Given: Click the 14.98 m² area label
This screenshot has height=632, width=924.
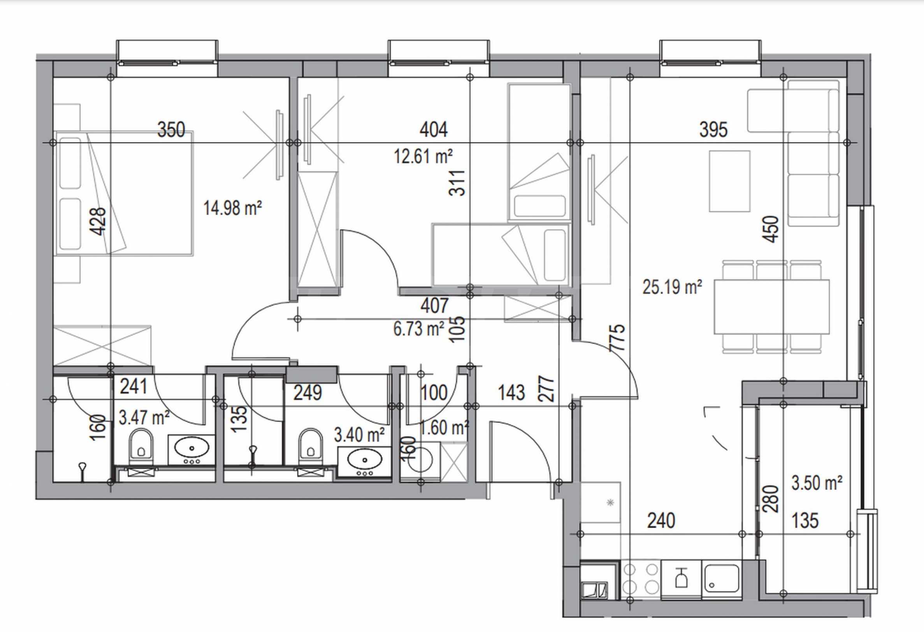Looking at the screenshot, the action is point(233,208).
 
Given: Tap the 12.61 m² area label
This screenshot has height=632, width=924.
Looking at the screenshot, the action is point(423,156).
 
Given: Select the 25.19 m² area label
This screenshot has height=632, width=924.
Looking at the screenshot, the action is point(672,287).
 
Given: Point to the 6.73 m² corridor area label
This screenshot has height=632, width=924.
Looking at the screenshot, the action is point(418,329).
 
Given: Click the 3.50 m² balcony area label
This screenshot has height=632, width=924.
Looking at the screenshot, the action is point(817,483).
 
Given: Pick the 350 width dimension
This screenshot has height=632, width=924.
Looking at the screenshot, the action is point(171,130).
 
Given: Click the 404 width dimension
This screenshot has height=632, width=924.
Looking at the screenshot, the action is point(434,130).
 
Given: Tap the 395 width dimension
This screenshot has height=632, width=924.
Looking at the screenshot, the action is point(713,130).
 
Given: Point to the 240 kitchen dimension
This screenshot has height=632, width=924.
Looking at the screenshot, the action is point(661,521).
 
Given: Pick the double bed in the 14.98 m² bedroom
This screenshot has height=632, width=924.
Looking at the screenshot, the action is point(125,193).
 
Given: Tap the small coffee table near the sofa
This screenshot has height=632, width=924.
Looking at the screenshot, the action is point(729,181).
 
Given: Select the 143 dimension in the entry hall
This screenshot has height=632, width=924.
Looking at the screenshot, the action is point(511,393).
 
